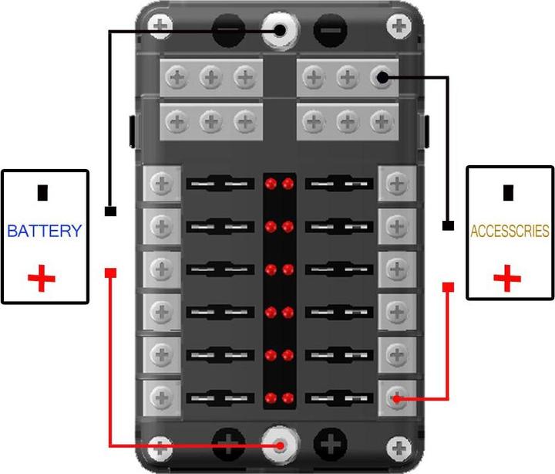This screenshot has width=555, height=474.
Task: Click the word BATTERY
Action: pos(45,231)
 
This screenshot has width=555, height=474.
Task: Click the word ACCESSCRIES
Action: pos(510,231)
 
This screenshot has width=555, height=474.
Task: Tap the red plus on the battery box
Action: pos(42,279)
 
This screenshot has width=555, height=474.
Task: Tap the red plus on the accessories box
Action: pos(507,279)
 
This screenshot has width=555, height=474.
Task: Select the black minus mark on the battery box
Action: pos(42,192)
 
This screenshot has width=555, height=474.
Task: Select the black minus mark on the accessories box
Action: pos(508,192)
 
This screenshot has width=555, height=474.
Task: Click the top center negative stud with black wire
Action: pos(280,30)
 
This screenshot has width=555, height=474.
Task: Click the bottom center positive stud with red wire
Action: pos(281,445)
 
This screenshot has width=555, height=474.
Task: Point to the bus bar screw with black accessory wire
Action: pos(382,77)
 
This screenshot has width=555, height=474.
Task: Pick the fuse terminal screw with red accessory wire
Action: pos(396,398)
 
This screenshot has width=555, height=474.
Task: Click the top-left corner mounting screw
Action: pos(160,25)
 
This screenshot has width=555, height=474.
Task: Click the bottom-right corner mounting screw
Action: pos(399,448)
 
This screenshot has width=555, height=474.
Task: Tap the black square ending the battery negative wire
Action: pos(110,212)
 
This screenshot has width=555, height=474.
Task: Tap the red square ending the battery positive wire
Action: pos(110,273)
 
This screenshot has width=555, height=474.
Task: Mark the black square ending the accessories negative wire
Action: pos(448,225)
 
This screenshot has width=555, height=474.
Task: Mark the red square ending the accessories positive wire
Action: pos(448,287)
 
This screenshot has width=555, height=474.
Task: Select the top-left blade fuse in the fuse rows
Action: pos(220,183)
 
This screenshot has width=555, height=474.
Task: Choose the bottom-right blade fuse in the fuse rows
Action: pos(339,398)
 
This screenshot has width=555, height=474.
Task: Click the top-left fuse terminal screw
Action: pos(162,184)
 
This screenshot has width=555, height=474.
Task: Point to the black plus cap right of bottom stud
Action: pos(330,444)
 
